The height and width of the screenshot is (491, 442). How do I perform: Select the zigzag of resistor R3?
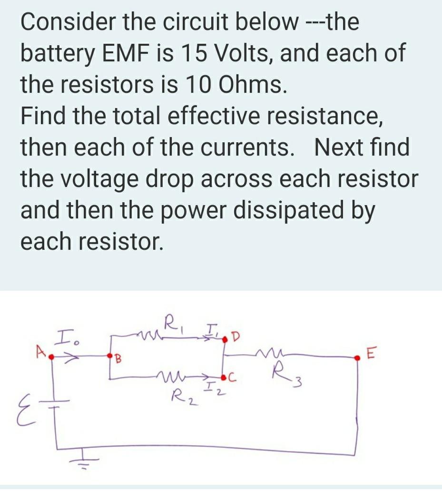[x=262, y=353]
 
